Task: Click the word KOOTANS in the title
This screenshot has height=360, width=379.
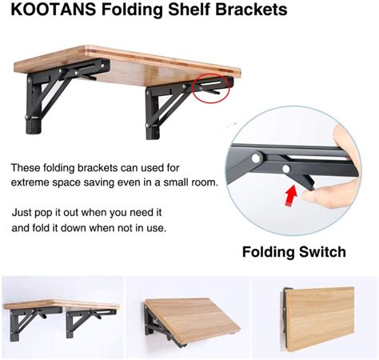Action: click(x=54, y=10)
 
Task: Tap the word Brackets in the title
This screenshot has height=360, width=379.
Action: click(x=251, y=10)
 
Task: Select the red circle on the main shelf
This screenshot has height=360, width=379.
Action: click(x=211, y=88)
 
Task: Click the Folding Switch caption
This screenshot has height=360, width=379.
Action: click(x=294, y=252)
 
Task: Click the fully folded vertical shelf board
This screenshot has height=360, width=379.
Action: click(x=321, y=318)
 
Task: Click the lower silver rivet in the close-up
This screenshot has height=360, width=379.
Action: click(x=286, y=169)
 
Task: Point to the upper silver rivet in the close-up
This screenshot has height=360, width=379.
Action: click(x=257, y=158)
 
